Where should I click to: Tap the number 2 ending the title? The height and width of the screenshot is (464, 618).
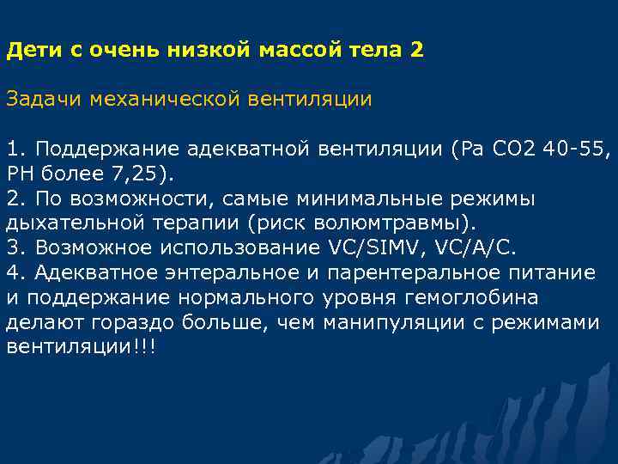point(417,50)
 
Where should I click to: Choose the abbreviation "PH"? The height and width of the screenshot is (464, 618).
point(19,174)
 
